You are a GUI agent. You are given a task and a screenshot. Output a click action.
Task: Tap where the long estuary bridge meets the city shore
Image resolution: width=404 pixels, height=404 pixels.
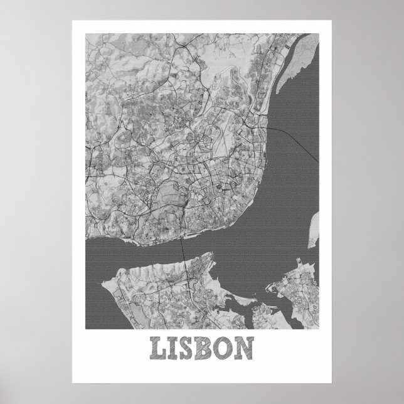[269, 128]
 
